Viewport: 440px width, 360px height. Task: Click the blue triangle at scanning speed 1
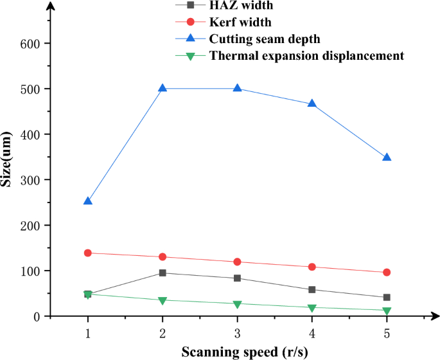pos(88,201)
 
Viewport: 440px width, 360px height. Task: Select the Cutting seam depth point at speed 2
pos(163,88)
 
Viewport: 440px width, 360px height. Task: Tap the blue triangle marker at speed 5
pos(387,157)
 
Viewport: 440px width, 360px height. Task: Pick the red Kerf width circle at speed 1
pos(88,253)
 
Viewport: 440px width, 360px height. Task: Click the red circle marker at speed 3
pos(238,262)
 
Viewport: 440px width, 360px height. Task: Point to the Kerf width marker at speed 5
pos(387,273)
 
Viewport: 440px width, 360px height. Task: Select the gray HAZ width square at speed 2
pos(163,273)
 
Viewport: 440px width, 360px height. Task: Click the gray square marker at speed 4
pos(312,290)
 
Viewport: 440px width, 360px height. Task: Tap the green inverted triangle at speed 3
pos(238,304)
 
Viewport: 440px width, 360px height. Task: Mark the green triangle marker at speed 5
pos(387,311)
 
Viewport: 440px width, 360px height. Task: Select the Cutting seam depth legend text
pos(264,39)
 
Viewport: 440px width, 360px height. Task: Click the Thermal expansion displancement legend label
pos(306,56)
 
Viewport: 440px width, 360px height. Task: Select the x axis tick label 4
pos(312,334)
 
